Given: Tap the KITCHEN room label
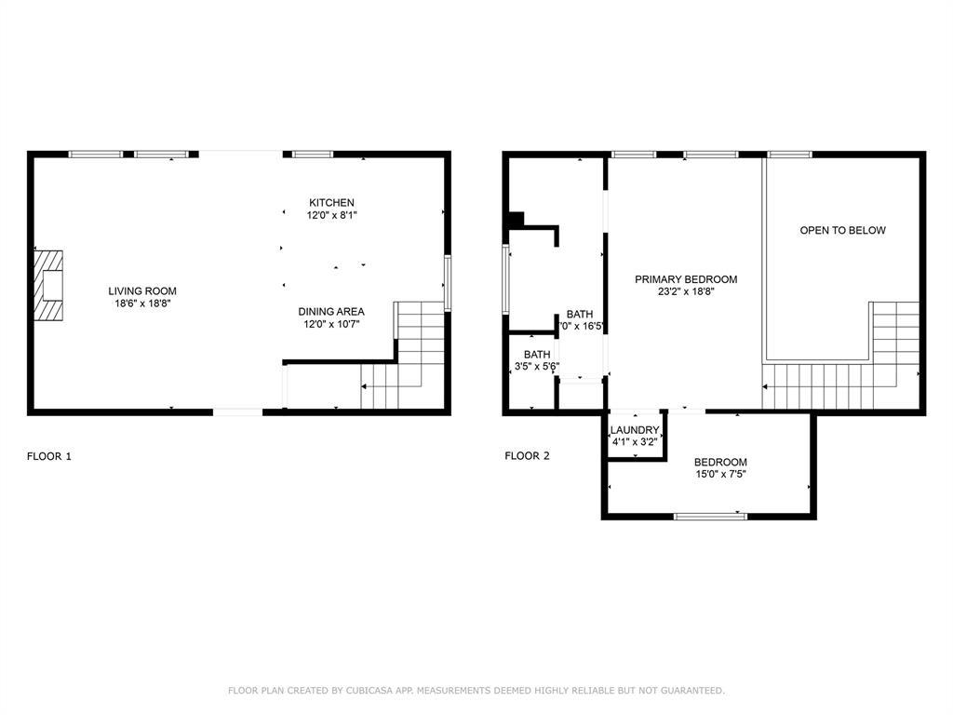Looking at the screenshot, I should point(331,203).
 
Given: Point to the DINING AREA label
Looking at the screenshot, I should point(331,312).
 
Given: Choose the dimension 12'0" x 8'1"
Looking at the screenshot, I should point(331,215).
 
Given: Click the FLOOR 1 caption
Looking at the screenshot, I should point(48,456).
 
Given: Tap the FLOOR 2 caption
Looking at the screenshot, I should point(527,456).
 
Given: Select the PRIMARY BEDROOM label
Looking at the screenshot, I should point(686,279).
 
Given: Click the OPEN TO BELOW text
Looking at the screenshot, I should point(843,230).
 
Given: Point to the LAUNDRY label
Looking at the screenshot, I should point(635,430).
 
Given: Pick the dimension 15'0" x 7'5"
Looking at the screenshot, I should point(720,474).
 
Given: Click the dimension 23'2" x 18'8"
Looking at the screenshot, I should point(686,291).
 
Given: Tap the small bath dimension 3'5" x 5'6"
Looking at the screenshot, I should point(537,367).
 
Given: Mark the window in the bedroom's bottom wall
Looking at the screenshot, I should point(710,515).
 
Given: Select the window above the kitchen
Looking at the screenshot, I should point(309,154).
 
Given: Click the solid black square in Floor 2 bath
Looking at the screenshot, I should point(514,221).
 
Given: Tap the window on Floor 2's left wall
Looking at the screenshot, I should point(506,278).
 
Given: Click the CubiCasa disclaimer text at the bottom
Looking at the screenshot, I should point(476,691).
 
